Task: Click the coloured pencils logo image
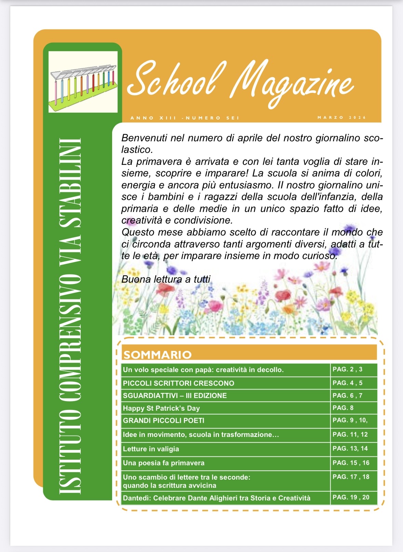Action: (x=83, y=82)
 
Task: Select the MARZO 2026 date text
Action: (x=341, y=117)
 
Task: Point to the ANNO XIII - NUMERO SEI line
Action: (x=185, y=118)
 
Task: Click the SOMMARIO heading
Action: (x=157, y=355)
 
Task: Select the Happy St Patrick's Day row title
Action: (x=161, y=408)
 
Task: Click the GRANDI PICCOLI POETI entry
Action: (x=163, y=421)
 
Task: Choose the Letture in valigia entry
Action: (x=151, y=449)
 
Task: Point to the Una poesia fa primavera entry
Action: (x=163, y=463)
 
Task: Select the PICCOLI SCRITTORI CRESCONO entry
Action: (x=178, y=383)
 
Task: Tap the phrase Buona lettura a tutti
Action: (x=166, y=279)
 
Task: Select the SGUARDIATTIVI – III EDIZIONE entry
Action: (x=175, y=396)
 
